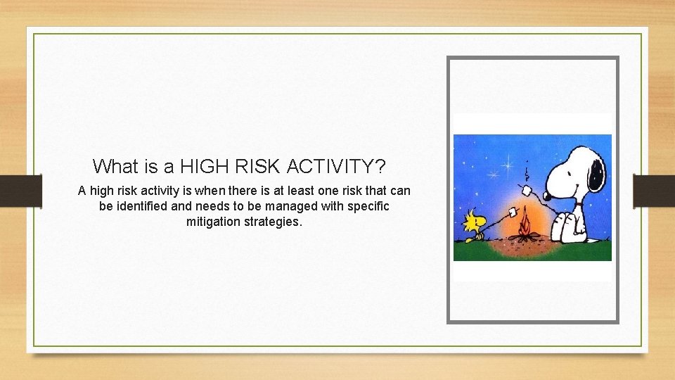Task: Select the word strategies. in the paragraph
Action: click(x=276, y=222)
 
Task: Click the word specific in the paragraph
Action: click(x=368, y=206)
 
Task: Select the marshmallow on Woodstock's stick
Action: click(x=513, y=210)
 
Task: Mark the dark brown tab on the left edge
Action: click(x=21, y=190)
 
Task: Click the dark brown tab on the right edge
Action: click(x=654, y=190)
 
